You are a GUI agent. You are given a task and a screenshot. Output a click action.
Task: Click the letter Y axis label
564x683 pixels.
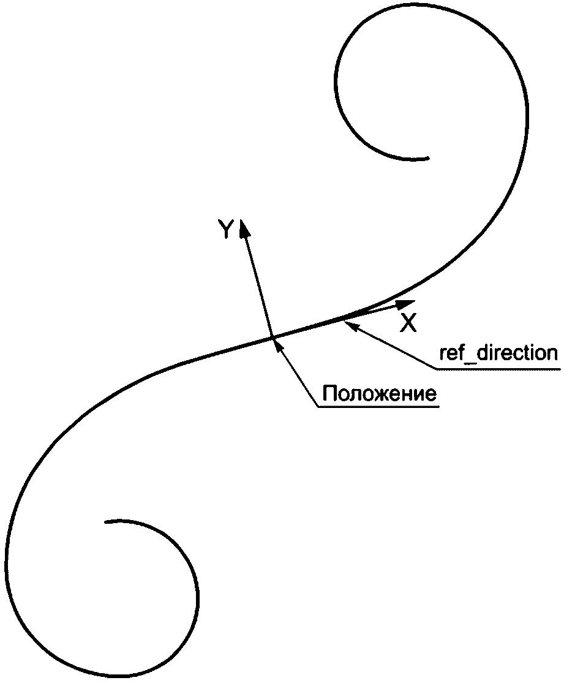[227, 230]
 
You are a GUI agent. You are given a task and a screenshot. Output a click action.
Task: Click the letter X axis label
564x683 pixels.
[408, 323]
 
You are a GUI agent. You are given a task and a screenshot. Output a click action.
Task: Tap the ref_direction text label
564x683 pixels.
[498, 353]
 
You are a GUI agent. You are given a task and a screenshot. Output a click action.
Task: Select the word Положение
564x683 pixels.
[380, 394]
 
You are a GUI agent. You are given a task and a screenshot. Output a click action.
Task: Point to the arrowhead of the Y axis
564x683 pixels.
[244, 229]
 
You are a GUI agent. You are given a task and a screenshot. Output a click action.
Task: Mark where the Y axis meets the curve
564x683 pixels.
[271, 337]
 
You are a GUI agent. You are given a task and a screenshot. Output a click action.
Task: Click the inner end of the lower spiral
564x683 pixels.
[107, 522]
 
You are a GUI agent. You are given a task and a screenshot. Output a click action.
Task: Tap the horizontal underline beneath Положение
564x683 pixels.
[378, 407]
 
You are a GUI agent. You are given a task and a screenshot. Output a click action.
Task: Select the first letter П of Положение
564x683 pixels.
[329, 394]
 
